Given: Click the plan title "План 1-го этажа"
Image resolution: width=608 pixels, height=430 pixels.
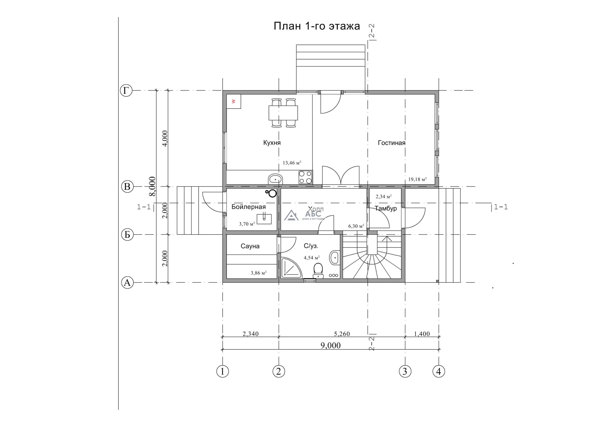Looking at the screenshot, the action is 317,26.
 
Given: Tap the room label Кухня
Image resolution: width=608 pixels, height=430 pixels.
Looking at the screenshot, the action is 272,143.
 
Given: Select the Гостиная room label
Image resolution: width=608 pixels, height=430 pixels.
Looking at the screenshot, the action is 391,143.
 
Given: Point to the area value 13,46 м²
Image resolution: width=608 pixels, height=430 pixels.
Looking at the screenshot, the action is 292,163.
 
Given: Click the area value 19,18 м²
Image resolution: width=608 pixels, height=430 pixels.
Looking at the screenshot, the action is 417,179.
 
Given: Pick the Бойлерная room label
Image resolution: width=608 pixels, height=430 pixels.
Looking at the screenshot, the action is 248,207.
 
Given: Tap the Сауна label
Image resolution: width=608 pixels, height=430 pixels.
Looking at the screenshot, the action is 250,246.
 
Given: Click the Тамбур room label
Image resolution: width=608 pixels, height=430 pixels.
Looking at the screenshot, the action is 386,208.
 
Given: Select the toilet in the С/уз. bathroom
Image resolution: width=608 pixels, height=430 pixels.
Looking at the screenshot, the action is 318,271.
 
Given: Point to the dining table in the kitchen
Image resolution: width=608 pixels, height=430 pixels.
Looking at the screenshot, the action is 283,113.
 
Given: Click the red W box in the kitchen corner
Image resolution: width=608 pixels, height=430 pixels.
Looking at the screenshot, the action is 233,101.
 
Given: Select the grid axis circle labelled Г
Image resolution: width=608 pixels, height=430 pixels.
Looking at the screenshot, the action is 126,90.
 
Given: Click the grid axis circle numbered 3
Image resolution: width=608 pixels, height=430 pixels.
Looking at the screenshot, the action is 405,372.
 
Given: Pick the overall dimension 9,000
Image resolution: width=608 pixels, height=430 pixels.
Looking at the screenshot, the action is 330,345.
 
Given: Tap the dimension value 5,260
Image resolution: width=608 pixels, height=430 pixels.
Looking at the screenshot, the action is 342,334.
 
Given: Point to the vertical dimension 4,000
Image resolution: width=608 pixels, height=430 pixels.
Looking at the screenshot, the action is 165,138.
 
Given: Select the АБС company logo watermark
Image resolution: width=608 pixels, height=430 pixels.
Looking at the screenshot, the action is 304,215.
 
